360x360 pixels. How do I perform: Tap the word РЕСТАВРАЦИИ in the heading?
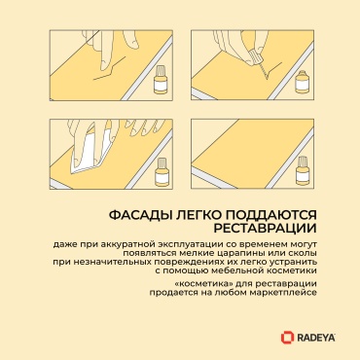tap(265, 228)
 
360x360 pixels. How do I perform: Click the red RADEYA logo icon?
tap(287, 337)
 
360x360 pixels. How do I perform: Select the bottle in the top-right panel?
tap(301, 82)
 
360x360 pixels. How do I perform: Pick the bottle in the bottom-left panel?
tap(162, 170)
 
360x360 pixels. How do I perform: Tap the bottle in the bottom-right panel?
tap(302, 168)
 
